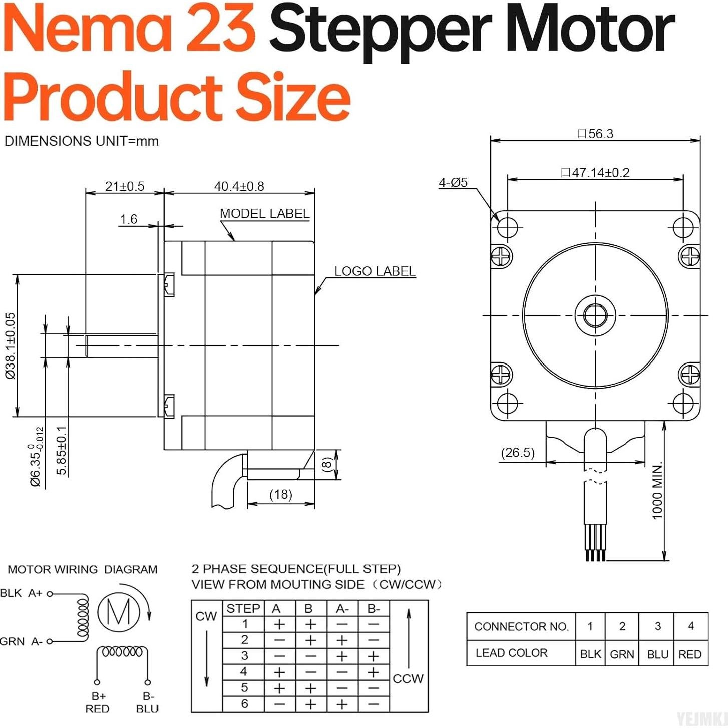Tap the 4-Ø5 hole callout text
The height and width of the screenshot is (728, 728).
(453, 183)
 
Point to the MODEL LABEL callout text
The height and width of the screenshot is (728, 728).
(264, 214)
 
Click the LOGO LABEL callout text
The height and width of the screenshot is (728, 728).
(375, 271)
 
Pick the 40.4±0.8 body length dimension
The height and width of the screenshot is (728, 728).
(239, 186)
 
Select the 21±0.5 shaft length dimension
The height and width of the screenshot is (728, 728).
(124, 186)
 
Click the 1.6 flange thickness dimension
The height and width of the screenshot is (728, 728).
(128, 219)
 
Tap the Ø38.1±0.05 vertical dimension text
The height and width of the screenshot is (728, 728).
(11, 345)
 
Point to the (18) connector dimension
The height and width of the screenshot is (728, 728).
(280, 494)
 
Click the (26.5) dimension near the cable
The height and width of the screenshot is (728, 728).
(518, 453)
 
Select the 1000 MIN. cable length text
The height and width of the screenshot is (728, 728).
(657, 491)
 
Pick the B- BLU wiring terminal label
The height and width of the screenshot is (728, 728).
(147, 702)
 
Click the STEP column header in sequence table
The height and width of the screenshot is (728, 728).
(243, 608)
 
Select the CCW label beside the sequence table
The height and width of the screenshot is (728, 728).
(408, 679)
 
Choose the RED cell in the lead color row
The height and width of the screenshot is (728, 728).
(689, 654)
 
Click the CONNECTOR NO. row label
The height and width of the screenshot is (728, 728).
(521, 626)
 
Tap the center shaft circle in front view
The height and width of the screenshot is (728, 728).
(595, 315)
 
